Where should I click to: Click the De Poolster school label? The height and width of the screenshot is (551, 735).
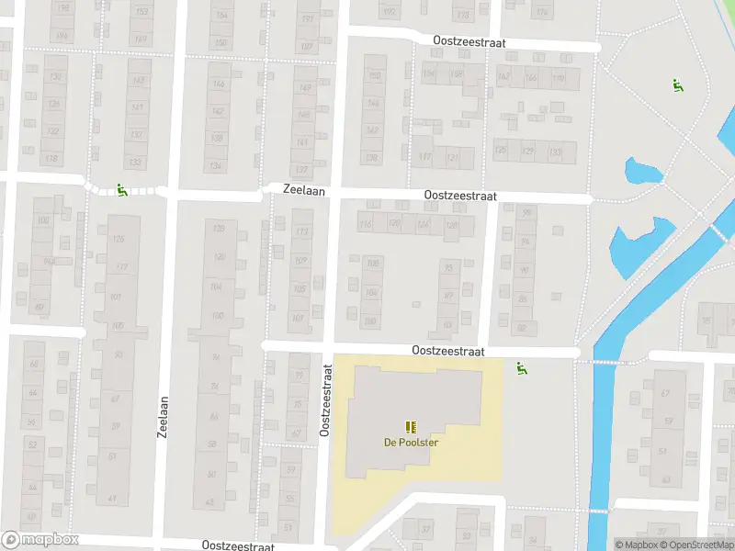[x=411, y=442]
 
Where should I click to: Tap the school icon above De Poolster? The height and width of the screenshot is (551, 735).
[x=411, y=426]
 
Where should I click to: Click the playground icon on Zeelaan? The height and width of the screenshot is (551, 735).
[x=121, y=190]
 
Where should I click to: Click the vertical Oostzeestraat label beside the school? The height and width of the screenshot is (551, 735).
[x=325, y=399]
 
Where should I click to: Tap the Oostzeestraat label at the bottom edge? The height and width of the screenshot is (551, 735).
[x=238, y=545]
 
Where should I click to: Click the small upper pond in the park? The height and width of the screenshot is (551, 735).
[x=642, y=171]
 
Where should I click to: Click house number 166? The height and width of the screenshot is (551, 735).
[x=531, y=78]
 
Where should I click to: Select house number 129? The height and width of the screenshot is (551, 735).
[x=527, y=151]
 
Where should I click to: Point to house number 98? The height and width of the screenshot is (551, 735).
[x=526, y=212]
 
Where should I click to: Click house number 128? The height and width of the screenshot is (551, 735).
[x=451, y=225]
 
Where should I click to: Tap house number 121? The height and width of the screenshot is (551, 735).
[x=453, y=157]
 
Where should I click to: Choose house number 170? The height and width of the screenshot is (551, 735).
[x=559, y=78]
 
